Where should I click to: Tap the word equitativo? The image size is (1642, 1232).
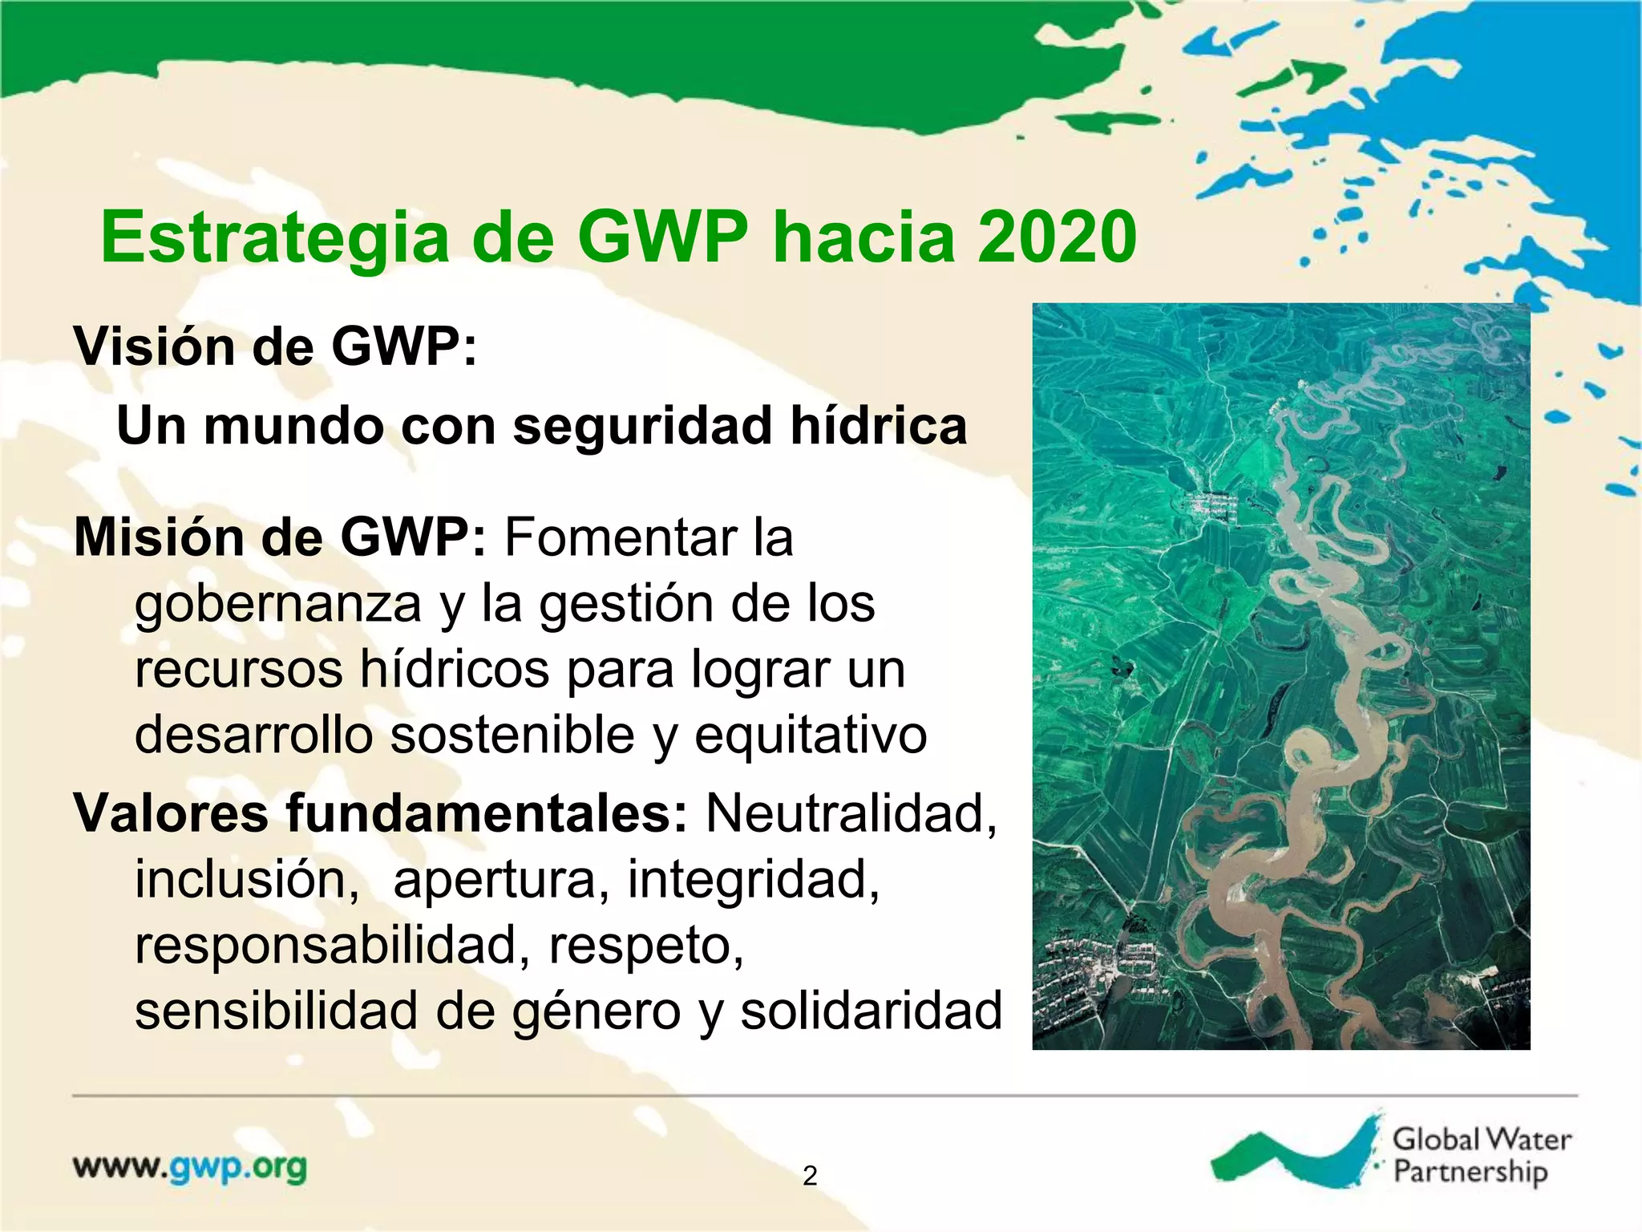[810, 735]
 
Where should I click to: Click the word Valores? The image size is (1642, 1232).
[171, 813]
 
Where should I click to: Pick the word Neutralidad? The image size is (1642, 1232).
[851, 813]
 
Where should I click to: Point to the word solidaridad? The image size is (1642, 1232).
[871, 1011]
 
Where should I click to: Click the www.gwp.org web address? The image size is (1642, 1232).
[190, 1167]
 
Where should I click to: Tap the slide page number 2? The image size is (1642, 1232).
[810, 1176]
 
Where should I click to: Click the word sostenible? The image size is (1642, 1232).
[512, 735]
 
